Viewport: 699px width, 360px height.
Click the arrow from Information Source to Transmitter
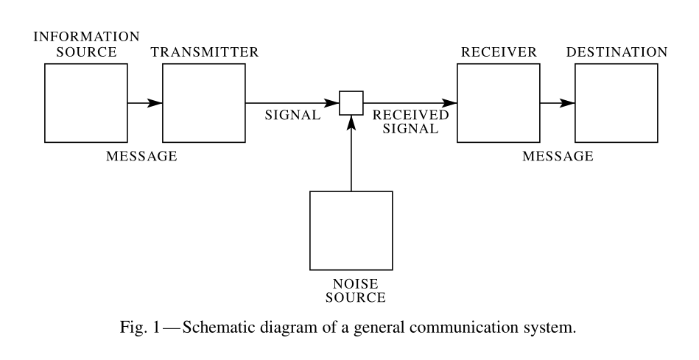[x=145, y=103]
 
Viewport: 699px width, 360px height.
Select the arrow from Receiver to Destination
[x=558, y=103]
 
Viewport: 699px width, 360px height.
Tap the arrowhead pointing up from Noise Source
[x=351, y=122]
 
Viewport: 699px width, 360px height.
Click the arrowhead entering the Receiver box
[x=449, y=103]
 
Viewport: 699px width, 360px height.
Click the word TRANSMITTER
[x=205, y=52]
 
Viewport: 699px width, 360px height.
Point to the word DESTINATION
[x=617, y=52]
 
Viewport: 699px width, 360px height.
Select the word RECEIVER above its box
[x=499, y=52]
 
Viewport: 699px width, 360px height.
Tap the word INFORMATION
[x=86, y=37]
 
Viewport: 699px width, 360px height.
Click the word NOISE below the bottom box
[x=355, y=284]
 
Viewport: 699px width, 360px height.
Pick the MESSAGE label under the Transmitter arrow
[x=141, y=156]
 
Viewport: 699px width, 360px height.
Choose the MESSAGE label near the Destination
[x=558, y=156]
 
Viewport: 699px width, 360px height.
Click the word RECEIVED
[x=410, y=115]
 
